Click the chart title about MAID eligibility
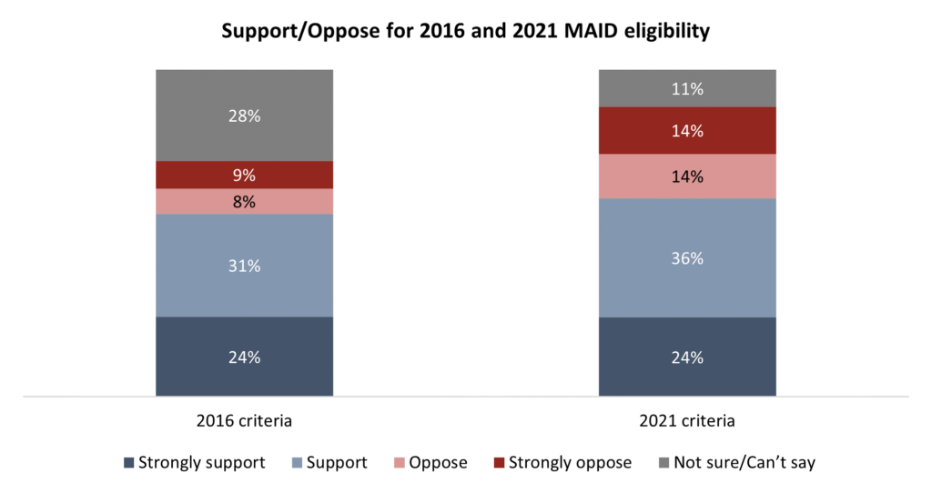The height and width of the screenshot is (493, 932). tap(465, 31)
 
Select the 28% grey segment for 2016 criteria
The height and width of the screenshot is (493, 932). tap(244, 136)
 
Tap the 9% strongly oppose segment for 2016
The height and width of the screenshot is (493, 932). tap(244, 175)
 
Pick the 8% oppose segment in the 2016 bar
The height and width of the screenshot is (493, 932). tap(244, 201)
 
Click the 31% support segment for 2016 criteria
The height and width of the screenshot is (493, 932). tap(244, 266)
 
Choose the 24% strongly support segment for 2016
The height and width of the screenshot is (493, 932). tap(244, 357)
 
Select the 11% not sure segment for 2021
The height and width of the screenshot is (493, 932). tap(686, 88)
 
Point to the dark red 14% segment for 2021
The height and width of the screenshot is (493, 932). tap(686, 130)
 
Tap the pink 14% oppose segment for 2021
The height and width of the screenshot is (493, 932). tap(686, 176)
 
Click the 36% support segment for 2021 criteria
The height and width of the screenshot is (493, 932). tap(686, 257)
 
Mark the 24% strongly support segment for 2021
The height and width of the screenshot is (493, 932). tap(686, 357)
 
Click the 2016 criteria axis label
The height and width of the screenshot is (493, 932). tap(244, 422)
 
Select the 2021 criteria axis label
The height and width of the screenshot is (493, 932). tap(686, 422)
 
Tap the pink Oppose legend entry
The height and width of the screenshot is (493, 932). tap(429, 463)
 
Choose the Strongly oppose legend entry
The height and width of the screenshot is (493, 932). tap(561, 463)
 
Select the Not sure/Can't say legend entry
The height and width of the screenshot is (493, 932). tap(734, 463)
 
